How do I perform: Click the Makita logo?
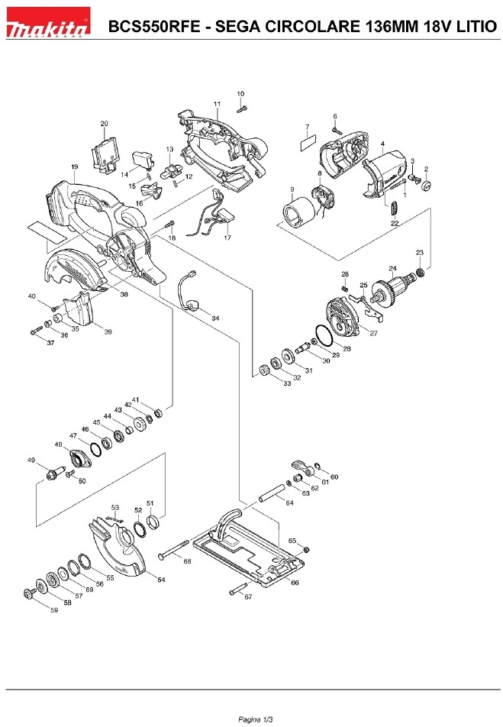coord(48,22)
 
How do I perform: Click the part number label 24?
coord(392,269)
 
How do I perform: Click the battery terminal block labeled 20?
coord(105,155)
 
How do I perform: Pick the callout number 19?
coord(75,167)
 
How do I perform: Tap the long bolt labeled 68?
coord(173,549)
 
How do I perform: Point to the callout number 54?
coord(161,580)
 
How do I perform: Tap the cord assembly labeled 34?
coord(189,291)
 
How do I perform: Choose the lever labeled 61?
coord(302,467)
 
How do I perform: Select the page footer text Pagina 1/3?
coord(256,719)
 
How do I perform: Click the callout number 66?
coord(295,583)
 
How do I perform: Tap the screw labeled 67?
coord(237,590)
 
